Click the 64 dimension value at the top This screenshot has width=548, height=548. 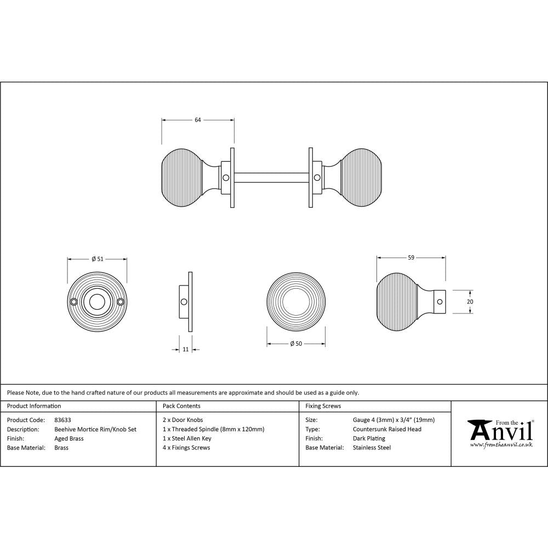(198, 119)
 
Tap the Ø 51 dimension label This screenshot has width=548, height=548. (97, 259)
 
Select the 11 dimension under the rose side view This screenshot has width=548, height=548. (186, 349)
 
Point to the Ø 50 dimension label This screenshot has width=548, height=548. (296, 344)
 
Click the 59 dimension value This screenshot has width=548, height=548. (410, 256)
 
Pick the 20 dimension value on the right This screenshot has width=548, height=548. (470, 301)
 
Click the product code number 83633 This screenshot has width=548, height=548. (62, 420)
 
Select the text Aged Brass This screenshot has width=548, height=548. (68, 438)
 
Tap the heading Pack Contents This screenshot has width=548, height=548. (181, 406)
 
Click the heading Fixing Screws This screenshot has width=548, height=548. (323, 406)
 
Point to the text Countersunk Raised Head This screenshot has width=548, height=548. (387, 430)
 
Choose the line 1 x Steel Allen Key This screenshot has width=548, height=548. (187, 438)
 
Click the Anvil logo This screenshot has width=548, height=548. (500, 430)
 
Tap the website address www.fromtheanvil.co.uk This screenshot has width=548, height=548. (501, 445)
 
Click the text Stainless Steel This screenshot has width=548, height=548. (372, 448)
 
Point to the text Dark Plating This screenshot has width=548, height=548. (369, 438)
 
